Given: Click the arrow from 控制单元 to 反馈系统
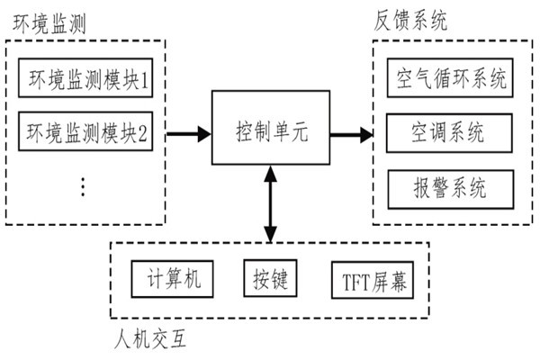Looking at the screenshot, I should pos(351,135).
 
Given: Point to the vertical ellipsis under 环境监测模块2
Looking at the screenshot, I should pos(83,186).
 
